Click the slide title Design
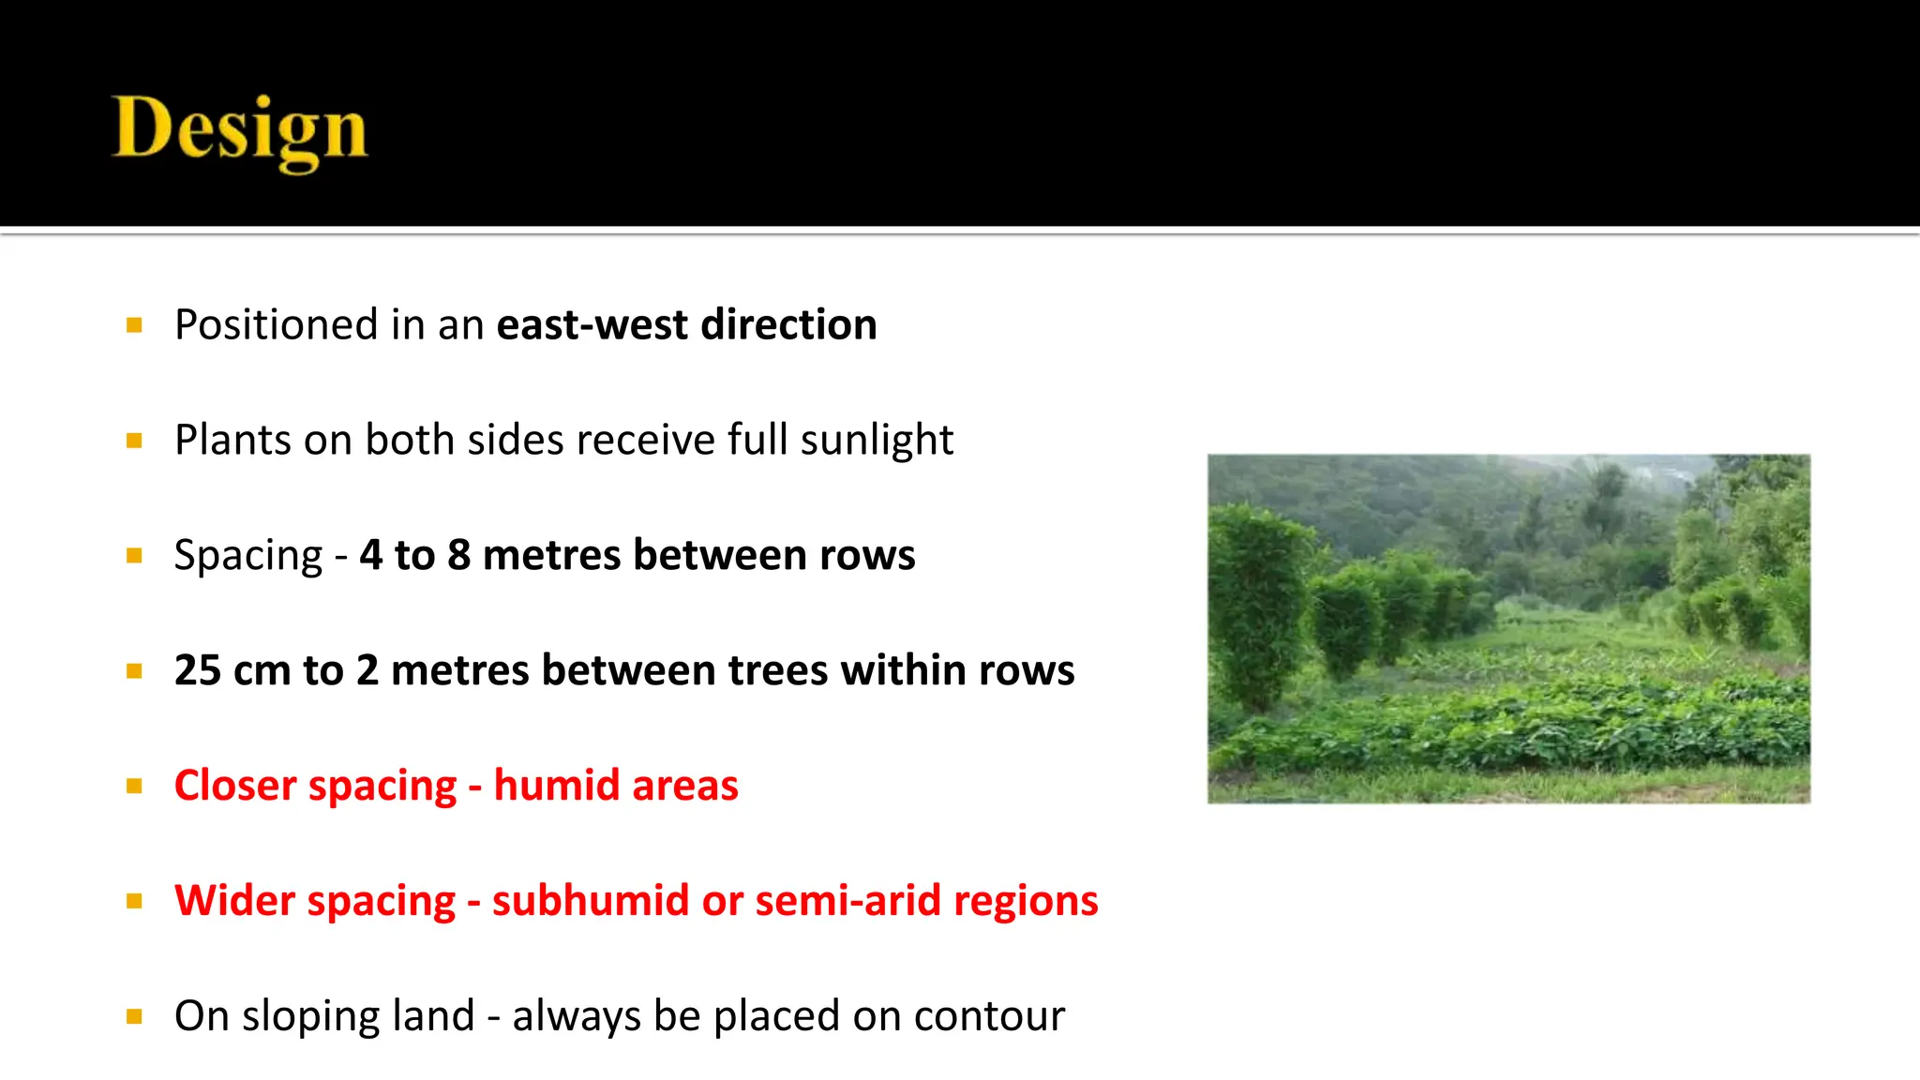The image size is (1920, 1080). [x=240, y=131]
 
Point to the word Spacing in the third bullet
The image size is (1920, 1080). [x=248, y=556]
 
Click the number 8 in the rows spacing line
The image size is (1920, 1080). [x=458, y=555]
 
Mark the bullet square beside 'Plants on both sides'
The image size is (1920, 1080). [x=134, y=441]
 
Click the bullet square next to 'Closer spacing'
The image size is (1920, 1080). [x=134, y=787]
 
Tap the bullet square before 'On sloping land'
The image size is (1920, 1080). [x=134, y=1016]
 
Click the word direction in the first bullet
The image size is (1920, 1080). [x=788, y=325]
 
